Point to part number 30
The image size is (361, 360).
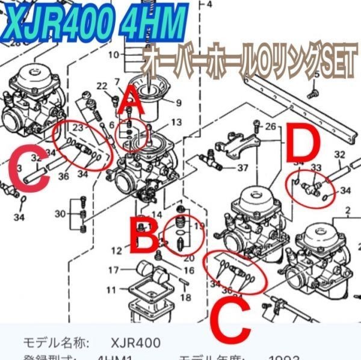click(x=60, y=213)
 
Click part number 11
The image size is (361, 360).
click(x=112, y=290)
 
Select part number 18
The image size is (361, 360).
click(x=185, y=297)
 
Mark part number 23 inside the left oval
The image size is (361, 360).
click(x=77, y=128)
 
